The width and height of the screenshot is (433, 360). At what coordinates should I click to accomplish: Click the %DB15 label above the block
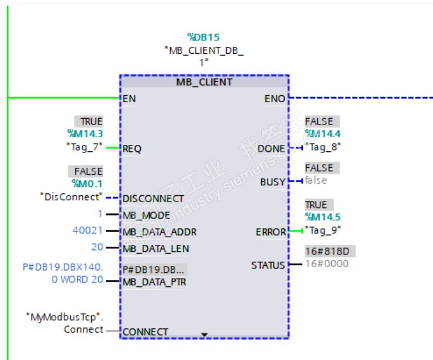tap(203, 37)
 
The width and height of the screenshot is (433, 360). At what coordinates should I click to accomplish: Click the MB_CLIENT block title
tap(204, 82)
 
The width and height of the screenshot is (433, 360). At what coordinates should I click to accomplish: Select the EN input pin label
tap(129, 98)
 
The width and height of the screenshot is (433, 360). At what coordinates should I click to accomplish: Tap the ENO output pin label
tap(275, 98)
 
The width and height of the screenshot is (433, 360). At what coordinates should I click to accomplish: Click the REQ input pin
tap(132, 148)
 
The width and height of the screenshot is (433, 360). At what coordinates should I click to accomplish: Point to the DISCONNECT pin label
tap(153, 198)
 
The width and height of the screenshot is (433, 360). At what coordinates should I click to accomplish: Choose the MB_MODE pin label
tap(146, 215)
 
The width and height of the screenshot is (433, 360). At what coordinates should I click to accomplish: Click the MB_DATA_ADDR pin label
tap(160, 232)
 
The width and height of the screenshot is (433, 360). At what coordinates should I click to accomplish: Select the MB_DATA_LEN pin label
tap(156, 248)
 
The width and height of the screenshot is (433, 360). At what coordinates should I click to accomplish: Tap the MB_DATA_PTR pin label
tap(154, 282)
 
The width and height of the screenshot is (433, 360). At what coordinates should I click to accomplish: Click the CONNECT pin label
tap(145, 332)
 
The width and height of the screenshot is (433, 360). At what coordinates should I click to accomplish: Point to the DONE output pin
tap(271, 148)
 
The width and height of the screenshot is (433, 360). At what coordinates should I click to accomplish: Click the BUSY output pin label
tap(273, 182)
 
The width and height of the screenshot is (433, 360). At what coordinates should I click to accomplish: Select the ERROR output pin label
tap(271, 232)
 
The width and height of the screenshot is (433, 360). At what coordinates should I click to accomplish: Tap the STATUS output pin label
tap(268, 265)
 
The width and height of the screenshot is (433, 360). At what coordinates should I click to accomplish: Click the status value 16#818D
tap(330, 251)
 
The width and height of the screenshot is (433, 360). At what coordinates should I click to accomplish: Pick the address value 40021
tap(87, 231)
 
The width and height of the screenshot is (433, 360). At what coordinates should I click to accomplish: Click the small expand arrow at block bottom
tap(204, 334)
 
